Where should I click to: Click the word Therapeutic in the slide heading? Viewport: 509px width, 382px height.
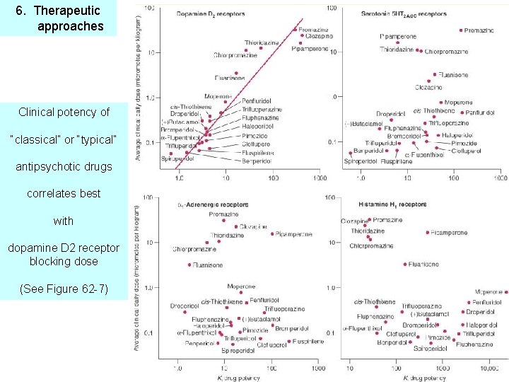click(x=67, y=11)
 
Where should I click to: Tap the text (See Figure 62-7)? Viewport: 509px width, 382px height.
click(x=63, y=289)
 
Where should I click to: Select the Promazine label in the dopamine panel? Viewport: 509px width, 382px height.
click(x=312, y=29)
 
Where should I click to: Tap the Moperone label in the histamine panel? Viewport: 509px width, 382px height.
click(x=488, y=291)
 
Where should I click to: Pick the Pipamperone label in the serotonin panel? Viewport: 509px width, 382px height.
click(x=397, y=35)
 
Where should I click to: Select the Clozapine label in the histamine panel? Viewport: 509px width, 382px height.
click(x=354, y=221)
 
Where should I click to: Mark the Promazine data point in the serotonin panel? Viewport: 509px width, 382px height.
click(x=461, y=30)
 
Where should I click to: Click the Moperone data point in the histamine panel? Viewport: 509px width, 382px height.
click(x=506, y=291)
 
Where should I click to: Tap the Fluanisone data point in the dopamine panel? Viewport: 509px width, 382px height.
click(x=236, y=72)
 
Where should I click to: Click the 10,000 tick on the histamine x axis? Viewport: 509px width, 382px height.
click(x=488, y=368)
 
